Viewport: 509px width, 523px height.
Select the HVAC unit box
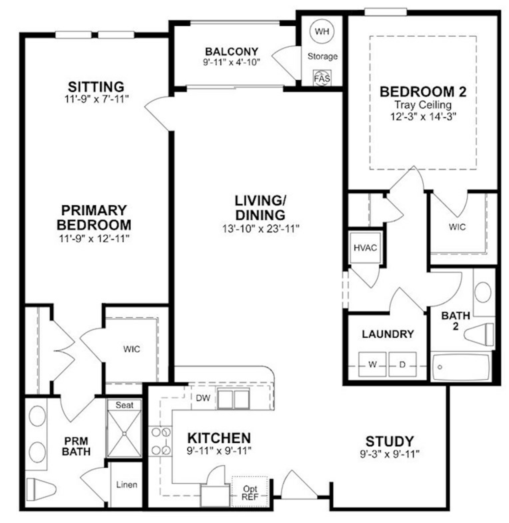click(365, 248)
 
